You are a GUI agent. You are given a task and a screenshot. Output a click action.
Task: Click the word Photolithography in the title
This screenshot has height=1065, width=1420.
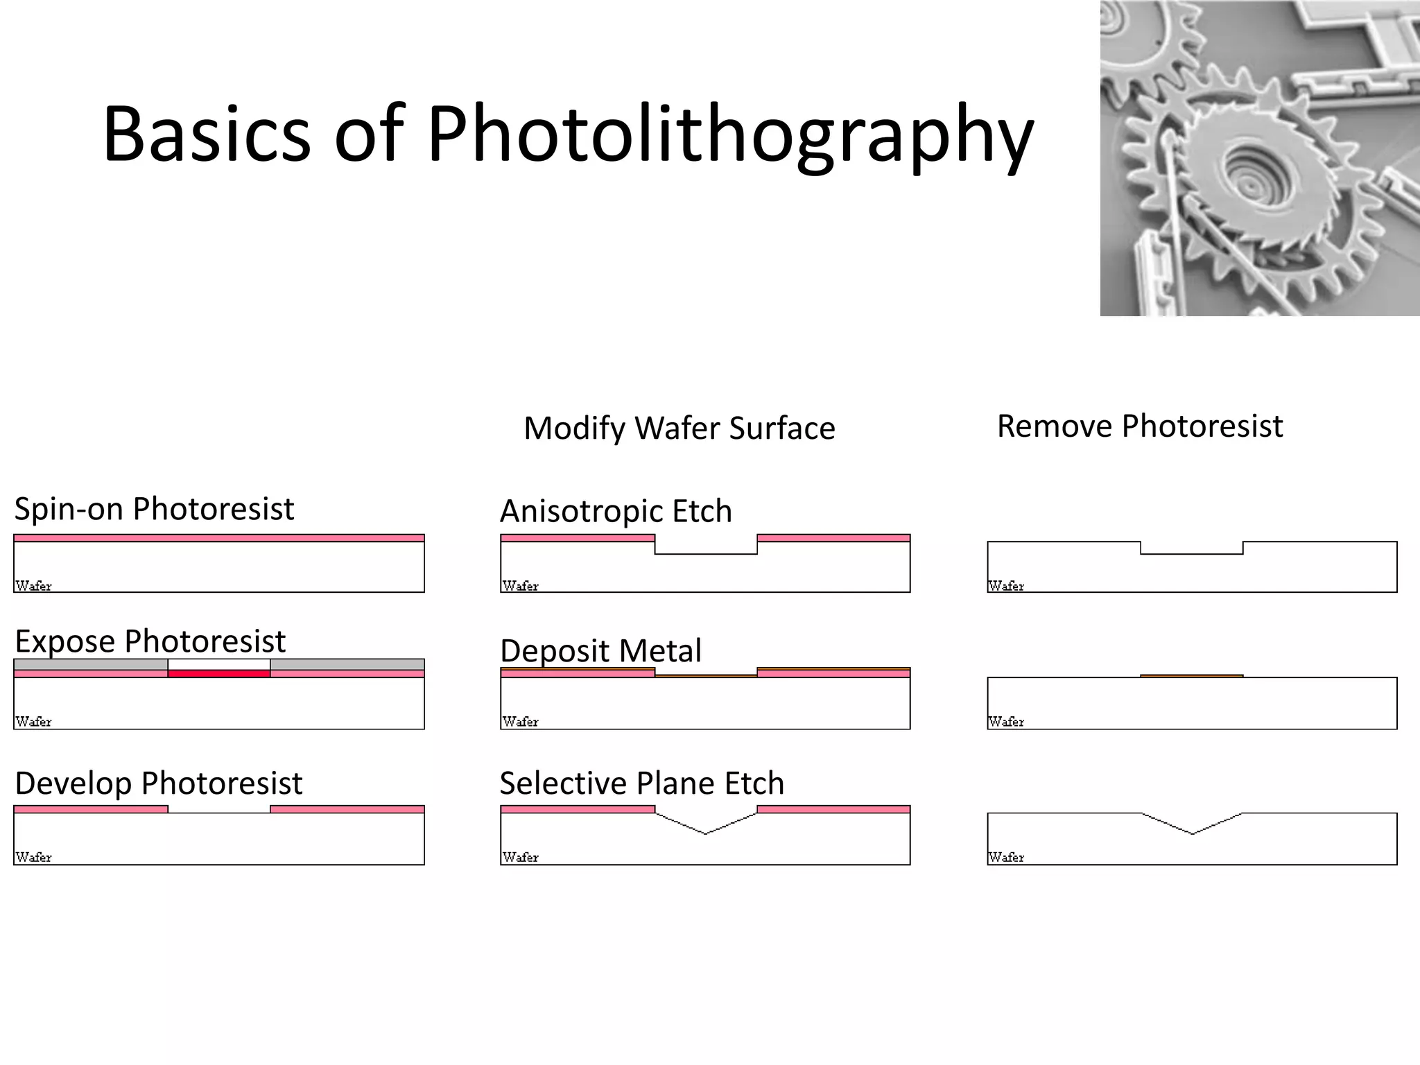point(730,135)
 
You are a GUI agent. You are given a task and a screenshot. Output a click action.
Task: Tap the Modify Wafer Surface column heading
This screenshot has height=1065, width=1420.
point(679,428)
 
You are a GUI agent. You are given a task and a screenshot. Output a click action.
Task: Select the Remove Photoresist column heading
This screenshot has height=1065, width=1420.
point(1139,426)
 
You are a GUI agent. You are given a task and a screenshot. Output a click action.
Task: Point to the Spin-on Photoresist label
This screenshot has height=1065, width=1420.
point(154,509)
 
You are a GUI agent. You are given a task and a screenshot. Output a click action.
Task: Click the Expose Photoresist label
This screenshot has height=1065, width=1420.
point(150,641)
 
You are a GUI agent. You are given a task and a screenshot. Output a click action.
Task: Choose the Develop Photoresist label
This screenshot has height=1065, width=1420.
point(158,783)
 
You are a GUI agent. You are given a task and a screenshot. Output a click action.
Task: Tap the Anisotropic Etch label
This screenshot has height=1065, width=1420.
point(616,512)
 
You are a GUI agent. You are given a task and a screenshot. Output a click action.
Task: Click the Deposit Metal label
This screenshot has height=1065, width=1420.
point(600,651)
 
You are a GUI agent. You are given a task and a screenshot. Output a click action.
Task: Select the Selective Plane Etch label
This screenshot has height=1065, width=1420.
point(641,783)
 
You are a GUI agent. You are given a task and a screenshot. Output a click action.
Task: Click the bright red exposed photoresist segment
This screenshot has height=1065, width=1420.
point(219,673)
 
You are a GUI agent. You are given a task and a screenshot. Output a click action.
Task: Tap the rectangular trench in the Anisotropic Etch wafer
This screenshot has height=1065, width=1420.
point(706,547)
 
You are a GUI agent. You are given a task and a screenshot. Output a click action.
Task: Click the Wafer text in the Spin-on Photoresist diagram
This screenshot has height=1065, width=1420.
point(33,586)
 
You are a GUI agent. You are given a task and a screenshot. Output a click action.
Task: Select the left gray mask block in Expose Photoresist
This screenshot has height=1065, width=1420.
point(91,664)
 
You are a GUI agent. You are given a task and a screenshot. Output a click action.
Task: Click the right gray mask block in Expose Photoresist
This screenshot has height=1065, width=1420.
point(347,664)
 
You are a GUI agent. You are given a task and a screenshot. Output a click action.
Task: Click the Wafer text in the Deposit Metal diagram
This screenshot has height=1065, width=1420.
point(520,722)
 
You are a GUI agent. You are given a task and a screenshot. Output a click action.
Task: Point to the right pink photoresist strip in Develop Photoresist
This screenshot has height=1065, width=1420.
point(347,809)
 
